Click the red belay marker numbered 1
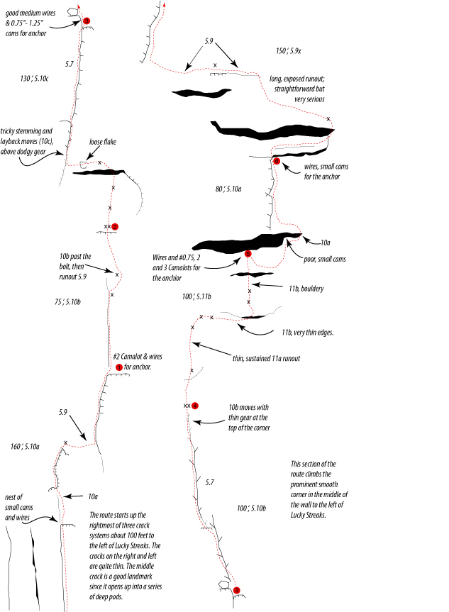coord(119,367)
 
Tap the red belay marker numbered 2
coord(114,227)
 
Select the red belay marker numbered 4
coord(195,406)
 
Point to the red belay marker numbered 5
coord(248,254)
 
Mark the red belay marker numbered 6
coord(277,161)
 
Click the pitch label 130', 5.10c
coord(34,79)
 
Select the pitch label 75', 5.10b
coord(67,301)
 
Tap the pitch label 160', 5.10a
coord(25,447)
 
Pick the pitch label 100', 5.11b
coord(196,296)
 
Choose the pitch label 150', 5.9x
coord(289,51)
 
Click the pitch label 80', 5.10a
coord(228,189)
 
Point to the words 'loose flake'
coord(103,142)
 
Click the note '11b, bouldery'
coord(306,289)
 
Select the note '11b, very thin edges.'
coord(308,333)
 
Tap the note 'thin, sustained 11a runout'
coord(266,358)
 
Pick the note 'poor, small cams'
coord(325,259)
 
